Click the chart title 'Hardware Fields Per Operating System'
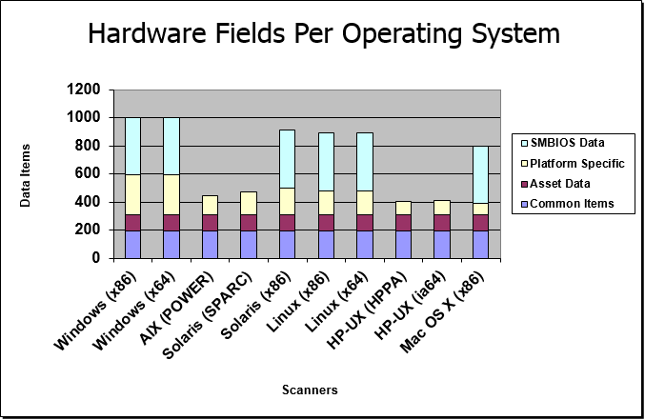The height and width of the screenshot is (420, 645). pos(323,34)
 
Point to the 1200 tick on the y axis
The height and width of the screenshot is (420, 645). pos(84,90)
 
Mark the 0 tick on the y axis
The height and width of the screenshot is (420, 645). pos(95,257)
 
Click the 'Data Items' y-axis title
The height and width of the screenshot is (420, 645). pos(26,174)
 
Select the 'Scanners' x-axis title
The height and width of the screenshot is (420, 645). pos(310,390)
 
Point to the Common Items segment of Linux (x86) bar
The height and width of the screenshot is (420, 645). pos(325,244)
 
